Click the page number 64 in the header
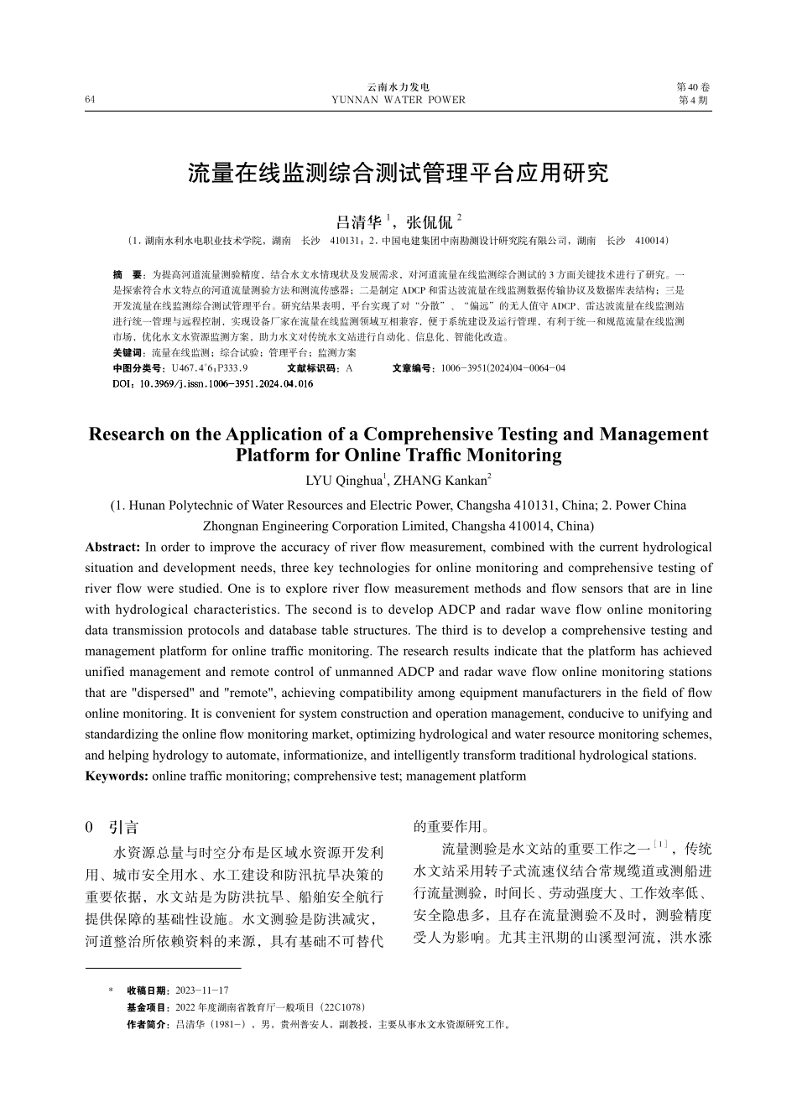(x=90, y=100)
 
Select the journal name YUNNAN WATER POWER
(x=398, y=100)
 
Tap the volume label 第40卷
(x=693, y=87)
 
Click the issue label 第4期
(x=693, y=100)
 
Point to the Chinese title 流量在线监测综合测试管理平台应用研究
(x=398, y=174)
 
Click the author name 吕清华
(x=358, y=222)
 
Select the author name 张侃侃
(x=429, y=222)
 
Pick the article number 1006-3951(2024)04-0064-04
(x=503, y=368)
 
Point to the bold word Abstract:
(x=113, y=547)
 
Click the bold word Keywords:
(x=117, y=776)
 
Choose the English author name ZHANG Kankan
(x=440, y=481)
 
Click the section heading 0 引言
(x=112, y=827)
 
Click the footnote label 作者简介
(x=147, y=1024)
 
